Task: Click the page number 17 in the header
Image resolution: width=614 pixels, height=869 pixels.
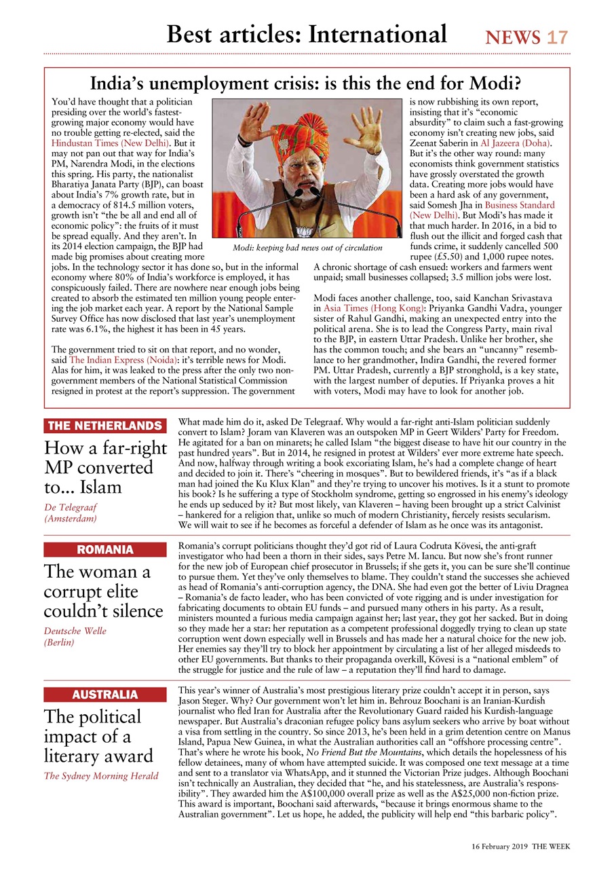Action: [x=557, y=37]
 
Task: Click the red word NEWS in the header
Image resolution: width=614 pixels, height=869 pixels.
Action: [x=513, y=37]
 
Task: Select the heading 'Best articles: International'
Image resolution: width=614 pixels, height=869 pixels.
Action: [x=307, y=34]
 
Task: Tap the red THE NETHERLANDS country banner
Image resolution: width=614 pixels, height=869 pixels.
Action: [x=105, y=426]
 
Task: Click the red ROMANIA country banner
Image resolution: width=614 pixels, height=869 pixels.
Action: [x=105, y=549]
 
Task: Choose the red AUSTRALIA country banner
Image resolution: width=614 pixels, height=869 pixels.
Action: [x=105, y=695]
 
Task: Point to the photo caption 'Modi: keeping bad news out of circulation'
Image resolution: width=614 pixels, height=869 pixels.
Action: [x=307, y=247]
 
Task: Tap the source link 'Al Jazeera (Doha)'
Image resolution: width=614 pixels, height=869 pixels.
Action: [x=516, y=143]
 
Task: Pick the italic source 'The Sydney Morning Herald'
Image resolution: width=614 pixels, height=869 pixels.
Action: [x=101, y=776]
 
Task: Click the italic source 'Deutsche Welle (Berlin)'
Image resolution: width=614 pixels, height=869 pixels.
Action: [x=75, y=636]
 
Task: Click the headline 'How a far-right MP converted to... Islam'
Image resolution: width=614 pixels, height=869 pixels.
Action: [x=105, y=467]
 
